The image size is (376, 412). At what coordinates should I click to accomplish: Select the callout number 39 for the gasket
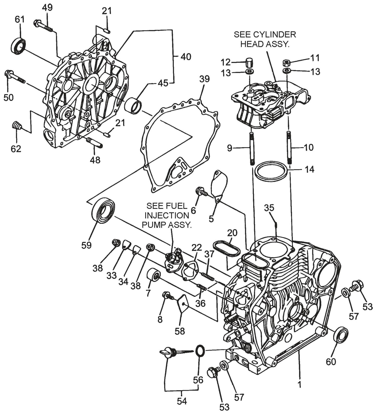[x=205, y=79]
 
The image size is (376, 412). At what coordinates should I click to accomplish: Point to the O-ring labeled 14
[x=272, y=171]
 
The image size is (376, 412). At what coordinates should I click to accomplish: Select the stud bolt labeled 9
[x=252, y=149]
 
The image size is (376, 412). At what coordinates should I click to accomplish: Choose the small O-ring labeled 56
[x=200, y=352]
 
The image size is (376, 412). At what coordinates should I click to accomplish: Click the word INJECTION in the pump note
[x=167, y=215]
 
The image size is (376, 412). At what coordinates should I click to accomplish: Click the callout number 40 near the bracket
[x=186, y=57]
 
